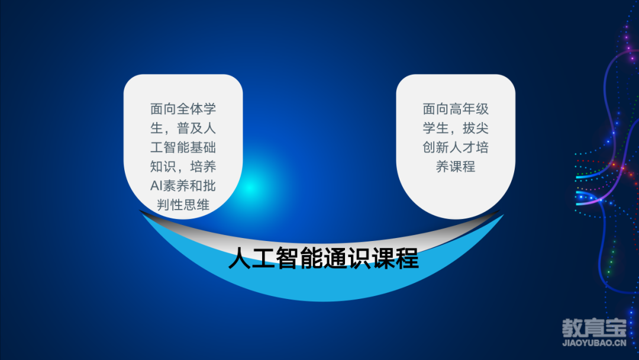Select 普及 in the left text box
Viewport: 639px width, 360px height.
tap(189, 128)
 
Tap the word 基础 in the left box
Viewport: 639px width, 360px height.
tap(202, 147)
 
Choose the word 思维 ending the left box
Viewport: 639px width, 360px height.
tap(196, 205)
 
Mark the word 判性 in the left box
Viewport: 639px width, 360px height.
tap(170, 205)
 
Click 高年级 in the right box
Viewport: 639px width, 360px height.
tap(469, 109)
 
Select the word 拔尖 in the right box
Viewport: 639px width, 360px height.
tap(475, 128)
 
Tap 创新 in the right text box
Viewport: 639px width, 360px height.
tap(435, 147)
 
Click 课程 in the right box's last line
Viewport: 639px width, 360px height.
tap(462, 166)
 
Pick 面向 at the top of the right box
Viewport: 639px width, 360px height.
tap(435, 109)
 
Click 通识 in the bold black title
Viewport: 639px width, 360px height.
tap(347, 259)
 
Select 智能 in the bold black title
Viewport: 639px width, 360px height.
tap(299, 259)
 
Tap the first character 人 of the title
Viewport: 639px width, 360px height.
tap(240, 259)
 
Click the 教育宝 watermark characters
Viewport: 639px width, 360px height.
tap(594, 328)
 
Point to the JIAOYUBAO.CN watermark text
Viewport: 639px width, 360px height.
tap(594, 343)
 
